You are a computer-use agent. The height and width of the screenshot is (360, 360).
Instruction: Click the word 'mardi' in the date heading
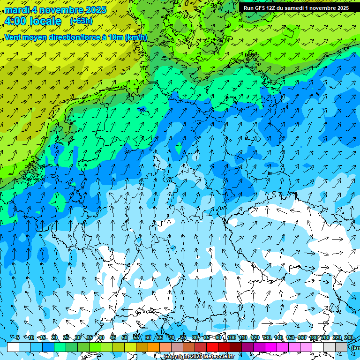(x=17, y=10)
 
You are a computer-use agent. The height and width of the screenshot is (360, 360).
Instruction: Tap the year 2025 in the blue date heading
(x=94, y=10)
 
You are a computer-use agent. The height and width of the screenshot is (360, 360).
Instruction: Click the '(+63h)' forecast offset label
(x=81, y=21)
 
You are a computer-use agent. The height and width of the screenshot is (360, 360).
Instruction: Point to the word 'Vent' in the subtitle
(x=13, y=37)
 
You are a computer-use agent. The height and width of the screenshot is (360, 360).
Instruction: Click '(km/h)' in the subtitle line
(x=136, y=37)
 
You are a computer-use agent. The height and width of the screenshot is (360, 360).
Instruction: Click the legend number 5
(x=18, y=337)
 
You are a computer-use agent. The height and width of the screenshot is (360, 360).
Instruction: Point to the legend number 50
(x=124, y=337)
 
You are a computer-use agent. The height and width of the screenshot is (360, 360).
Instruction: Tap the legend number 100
(x=232, y=337)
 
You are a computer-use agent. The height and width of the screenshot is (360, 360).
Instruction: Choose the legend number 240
(x=349, y=337)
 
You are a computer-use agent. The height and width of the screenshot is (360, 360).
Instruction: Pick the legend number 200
(x=325, y=337)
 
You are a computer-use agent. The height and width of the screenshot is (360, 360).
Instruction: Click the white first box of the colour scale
(x=13, y=347)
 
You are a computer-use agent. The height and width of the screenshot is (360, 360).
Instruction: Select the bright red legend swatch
(x=212, y=347)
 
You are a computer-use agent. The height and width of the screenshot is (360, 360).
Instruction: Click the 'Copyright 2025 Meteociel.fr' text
(x=199, y=357)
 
